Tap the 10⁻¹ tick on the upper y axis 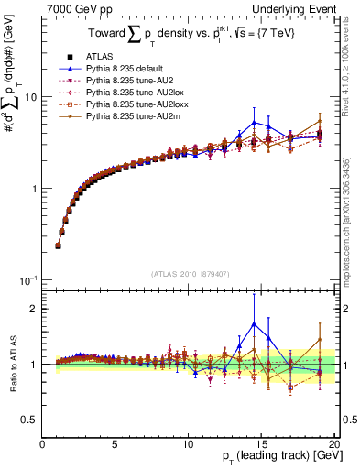(27, 279)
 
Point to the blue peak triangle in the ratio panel (254, 322)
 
